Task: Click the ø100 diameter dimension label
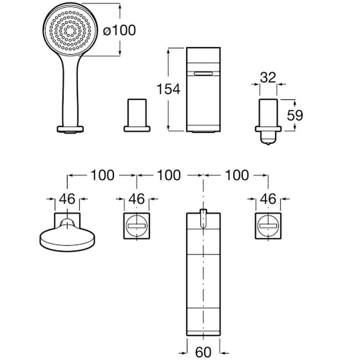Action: pos(119,30)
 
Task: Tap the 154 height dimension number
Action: pos(168,89)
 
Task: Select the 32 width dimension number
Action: pos(268,77)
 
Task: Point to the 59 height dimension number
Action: pos(295,115)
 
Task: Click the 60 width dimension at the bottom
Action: pos(203,351)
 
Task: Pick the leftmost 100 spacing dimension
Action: pos(103,175)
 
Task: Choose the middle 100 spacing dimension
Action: pos(169,175)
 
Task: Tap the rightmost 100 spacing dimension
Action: pos(237,175)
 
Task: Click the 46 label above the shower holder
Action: pos(67,199)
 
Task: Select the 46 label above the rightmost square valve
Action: pos(268,199)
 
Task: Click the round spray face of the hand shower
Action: pos(70,30)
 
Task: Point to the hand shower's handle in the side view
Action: pos(70,91)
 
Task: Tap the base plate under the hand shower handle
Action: pos(70,129)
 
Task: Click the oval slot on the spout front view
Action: pos(203,74)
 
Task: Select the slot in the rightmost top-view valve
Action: pos(268,226)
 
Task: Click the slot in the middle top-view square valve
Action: pos(137,226)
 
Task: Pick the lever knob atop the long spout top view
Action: pos(203,219)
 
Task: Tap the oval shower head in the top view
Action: pos(67,238)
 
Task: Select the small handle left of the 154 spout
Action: pos(137,115)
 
